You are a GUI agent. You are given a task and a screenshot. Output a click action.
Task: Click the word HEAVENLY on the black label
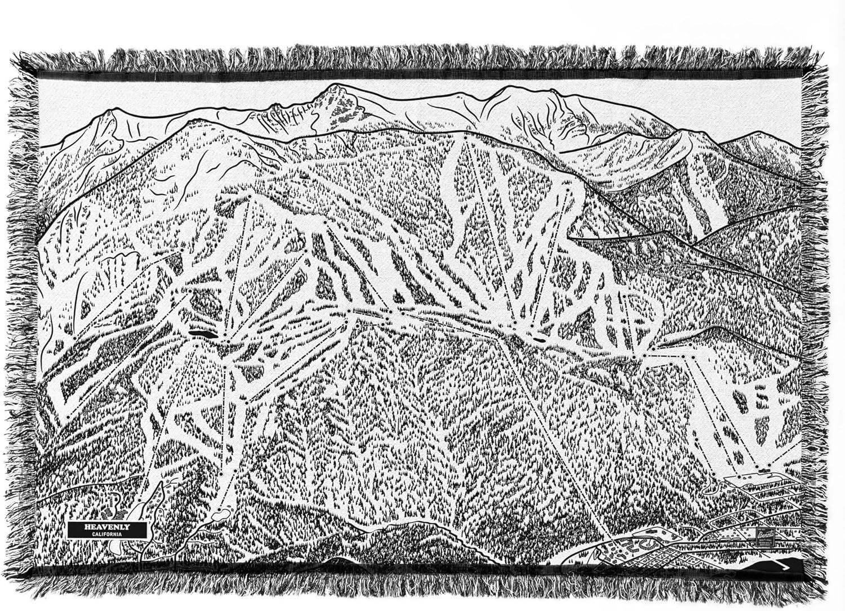pyautogui.click(x=107, y=527)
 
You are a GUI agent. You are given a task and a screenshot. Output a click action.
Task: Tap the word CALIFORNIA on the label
pyautogui.click(x=107, y=533)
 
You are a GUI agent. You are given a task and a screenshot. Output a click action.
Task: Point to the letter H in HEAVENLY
pyautogui.click(x=86, y=527)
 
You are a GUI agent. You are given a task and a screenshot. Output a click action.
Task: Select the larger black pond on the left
pyautogui.click(x=202, y=334)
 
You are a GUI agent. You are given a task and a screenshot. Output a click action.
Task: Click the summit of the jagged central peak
pyautogui.click(x=336, y=86)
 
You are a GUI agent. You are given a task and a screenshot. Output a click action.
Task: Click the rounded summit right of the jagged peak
pyautogui.click(x=513, y=88)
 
